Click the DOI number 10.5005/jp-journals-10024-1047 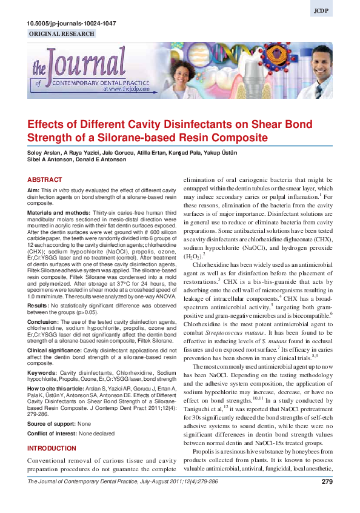(x=72, y=24)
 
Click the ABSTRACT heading (x=45, y=180)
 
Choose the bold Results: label (x=38, y=289)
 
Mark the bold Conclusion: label (x=43, y=305)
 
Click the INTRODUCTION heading (x=52, y=448)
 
